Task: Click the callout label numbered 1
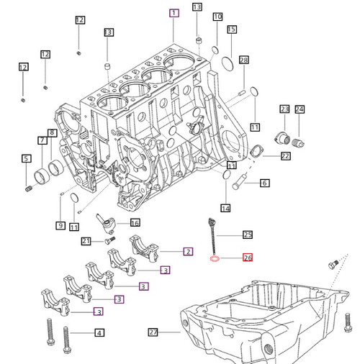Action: pyautogui.click(x=174, y=13)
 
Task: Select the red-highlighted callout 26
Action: pyautogui.click(x=248, y=258)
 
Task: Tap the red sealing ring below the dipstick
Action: pyautogui.click(x=215, y=259)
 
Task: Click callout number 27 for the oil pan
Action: pyautogui.click(x=153, y=332)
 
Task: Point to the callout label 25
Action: pyautogui.click(x=248, y=235)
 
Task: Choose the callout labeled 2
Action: pyautogui.click(x=188, y=252)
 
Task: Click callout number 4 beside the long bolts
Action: pyautogui.click(x=99, y=332)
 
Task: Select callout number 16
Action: pyautogui.click(x=135, y=223)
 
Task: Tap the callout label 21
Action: pyautogui.click(x=86, y=241)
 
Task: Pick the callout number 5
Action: pyautogui.click(x=26, y=158)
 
